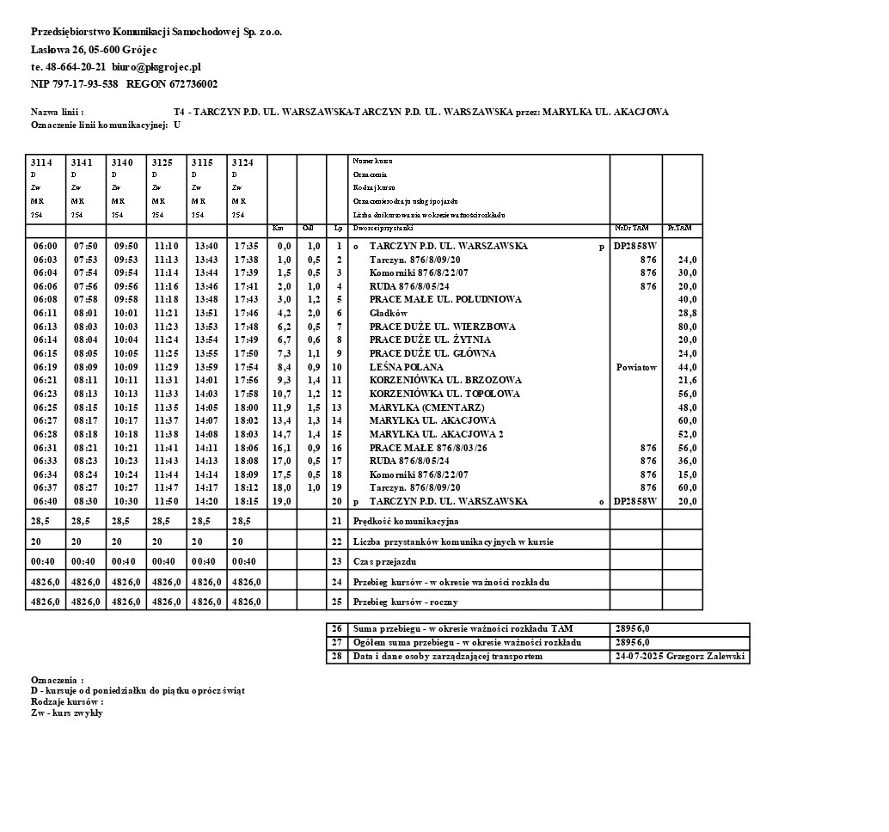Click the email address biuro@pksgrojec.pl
156,66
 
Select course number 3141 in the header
82,162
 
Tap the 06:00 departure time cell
45,247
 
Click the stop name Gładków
389,314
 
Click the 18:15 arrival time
246,501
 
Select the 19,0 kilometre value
282,501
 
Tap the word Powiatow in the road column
636,367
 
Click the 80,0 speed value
687,327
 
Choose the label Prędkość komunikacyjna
406,521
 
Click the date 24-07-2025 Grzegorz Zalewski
680,657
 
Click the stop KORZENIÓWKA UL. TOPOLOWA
444,394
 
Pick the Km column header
278,229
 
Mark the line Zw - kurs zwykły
67,713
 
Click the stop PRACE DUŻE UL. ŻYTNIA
430,340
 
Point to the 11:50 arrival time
166,501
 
